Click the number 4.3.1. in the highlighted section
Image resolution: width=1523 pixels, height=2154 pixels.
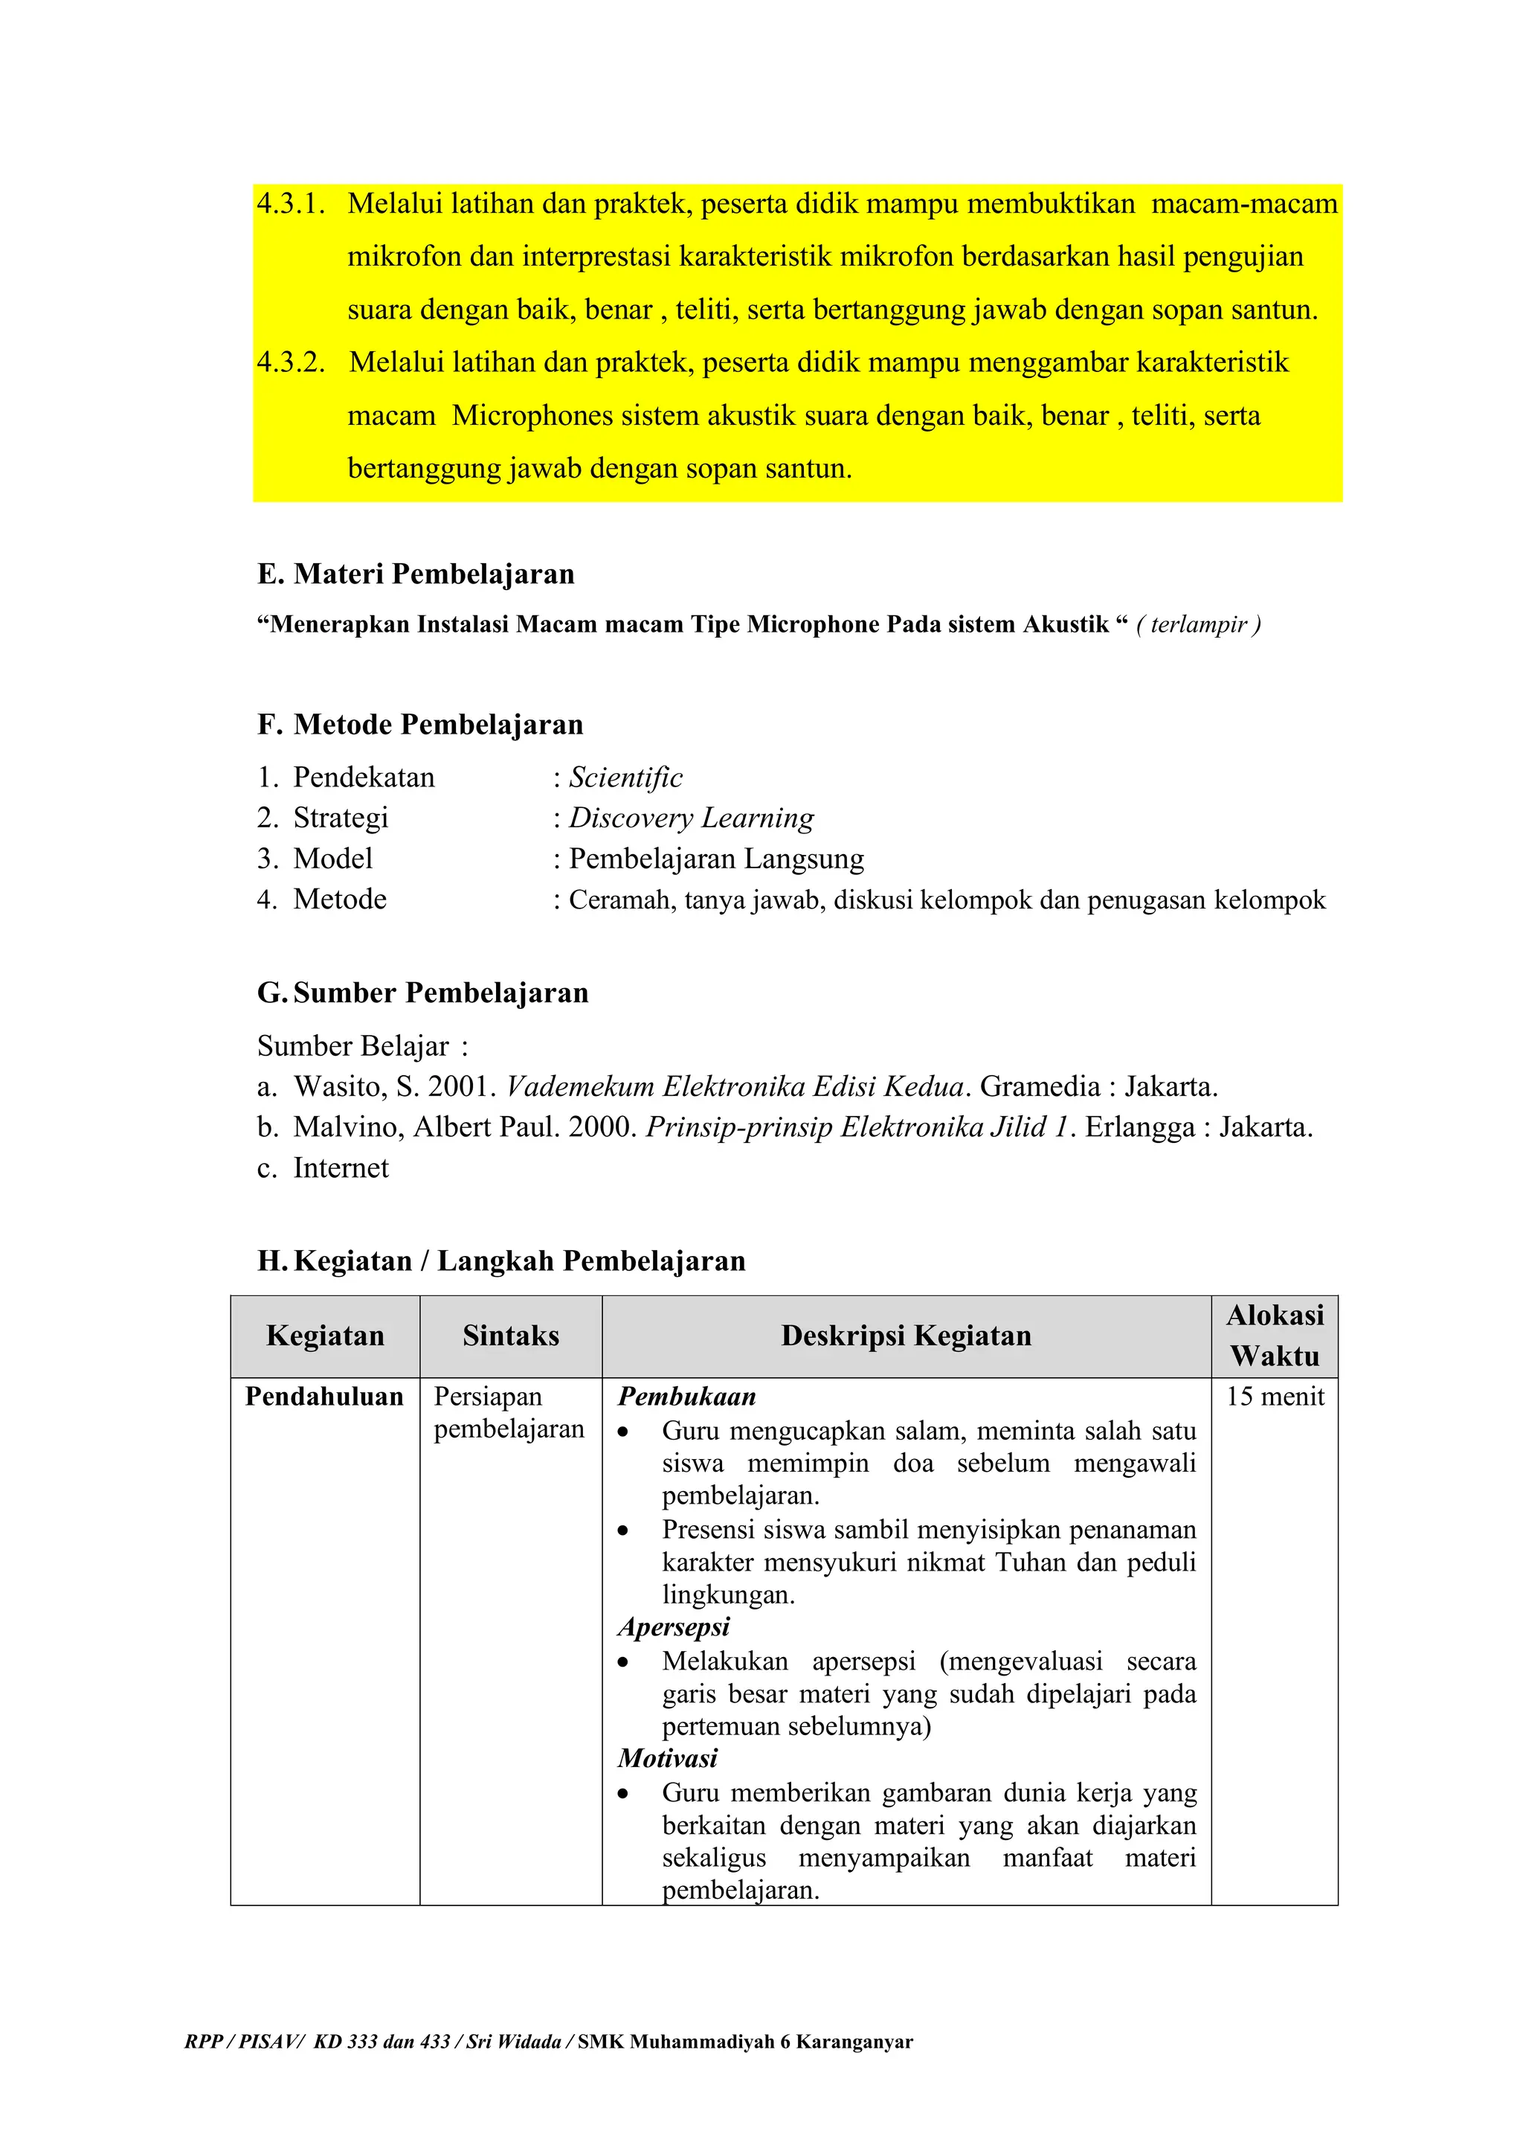click(x=291, y=204)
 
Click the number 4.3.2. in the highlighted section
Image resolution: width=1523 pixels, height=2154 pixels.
click(x=291, y=362)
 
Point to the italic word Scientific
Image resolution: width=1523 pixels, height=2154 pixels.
click(x=625, y=777)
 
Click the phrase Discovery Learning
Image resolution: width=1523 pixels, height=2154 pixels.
click(x=691, y=817)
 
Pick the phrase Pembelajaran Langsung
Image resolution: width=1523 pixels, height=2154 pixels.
click(x=716, y=859)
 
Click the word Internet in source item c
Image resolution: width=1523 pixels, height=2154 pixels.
click(x=341, y=1168)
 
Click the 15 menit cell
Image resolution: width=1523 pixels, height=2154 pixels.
click(x=1275, y=1396)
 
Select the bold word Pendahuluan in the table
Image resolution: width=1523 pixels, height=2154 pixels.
click(x=323, y=1396)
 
